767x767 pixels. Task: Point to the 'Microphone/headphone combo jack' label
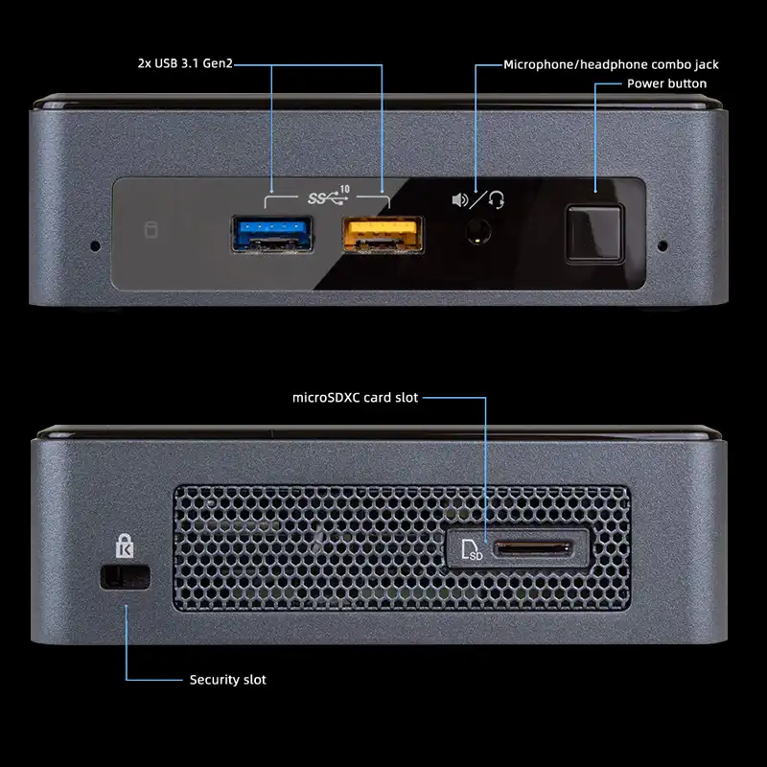point(611,65)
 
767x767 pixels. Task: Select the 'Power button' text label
point(666,83)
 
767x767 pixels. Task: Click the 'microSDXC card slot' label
point(356,396)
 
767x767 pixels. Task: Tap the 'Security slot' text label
point(227,680)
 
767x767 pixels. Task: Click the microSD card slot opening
point(532,549)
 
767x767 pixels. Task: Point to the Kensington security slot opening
point(126,576)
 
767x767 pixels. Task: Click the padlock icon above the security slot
point(125,546)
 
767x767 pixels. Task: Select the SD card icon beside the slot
point(472,550)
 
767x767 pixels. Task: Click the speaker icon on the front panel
point(460,200)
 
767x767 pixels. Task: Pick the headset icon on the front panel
point(497,199)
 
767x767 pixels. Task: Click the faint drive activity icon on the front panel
point(149,230)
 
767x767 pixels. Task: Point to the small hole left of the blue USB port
point(94,245)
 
